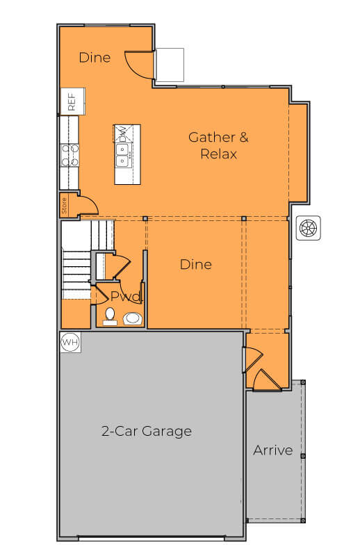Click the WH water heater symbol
click(70, 343)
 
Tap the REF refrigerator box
click(72, 102)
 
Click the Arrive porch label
click(272, 450)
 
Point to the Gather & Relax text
click(218, 145)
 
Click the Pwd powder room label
click(126, 297)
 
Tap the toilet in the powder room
click(109, 317)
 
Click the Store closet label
click(65, 205)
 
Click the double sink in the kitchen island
click(122, 159)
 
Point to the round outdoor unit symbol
click(308, 228)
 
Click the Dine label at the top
click(95, 57)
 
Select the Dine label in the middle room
click(195, 264)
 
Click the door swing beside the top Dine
click(138, 65)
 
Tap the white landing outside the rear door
click(169, 65)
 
